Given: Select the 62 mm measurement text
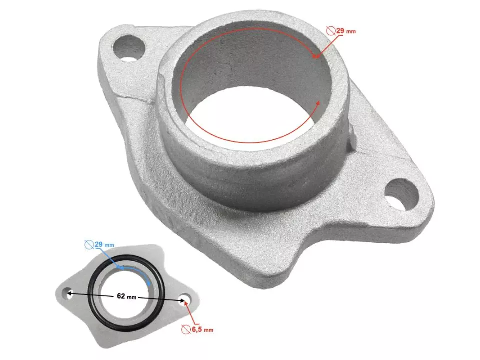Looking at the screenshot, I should click(x=125, y=296).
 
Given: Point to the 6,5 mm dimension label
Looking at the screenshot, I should click(x=202, y=330).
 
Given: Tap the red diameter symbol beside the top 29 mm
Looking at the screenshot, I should click(x=330, y=31).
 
